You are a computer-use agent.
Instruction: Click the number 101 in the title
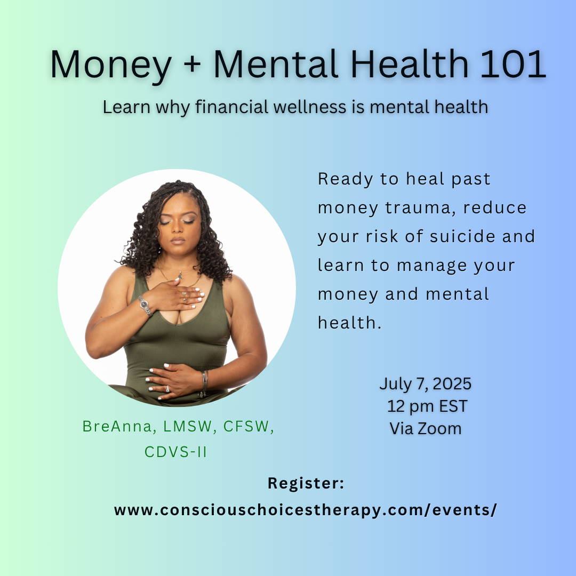[x=513, y=64]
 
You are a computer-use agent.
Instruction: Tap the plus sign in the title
[x=192, y=65]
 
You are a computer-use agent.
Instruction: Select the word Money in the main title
[x=111, y=66]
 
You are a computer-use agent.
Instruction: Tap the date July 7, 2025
[x=426, y=384]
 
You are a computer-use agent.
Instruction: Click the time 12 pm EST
[x=427, y=406]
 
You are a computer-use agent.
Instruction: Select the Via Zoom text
[x=426, y=429]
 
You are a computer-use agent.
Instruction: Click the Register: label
[x=306, y=483]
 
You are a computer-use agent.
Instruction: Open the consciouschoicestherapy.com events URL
[x=305, y=510]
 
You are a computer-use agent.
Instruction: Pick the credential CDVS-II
[x=175, y=452]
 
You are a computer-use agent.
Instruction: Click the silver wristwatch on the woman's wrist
[x=145, y=306]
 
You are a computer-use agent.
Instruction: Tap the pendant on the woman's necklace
[x=180, y=275]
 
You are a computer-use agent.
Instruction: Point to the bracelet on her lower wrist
[x=204, y=383]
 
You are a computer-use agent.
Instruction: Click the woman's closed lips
[x=178, y=241]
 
